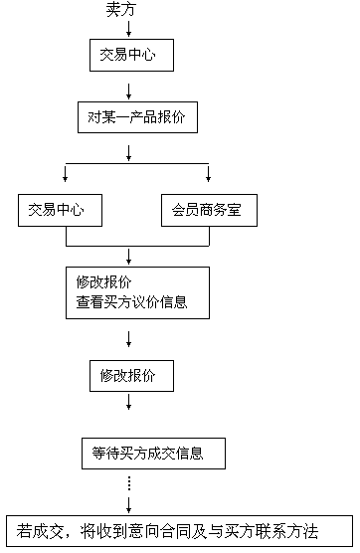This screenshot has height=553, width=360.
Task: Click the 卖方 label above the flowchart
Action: (x=119, y=10)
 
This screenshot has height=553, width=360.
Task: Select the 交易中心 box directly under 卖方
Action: (x=128, y=55)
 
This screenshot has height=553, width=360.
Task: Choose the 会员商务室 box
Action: (x=209, y=210)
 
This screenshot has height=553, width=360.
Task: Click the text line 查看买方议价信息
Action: (x=131, y=302)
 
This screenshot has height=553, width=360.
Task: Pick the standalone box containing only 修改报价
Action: (x=129, y=375)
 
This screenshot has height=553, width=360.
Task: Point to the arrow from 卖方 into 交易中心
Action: (x=128, y=29)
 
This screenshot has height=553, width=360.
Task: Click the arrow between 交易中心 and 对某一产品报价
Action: (x=128, y=87)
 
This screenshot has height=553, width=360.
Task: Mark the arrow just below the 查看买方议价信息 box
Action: (x=128, y=338)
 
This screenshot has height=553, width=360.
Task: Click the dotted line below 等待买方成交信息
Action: (x=128, y=484)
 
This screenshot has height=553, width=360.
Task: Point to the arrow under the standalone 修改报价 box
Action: (x=128, y=403)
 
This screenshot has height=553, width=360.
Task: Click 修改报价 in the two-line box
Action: (x=103, y=281)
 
